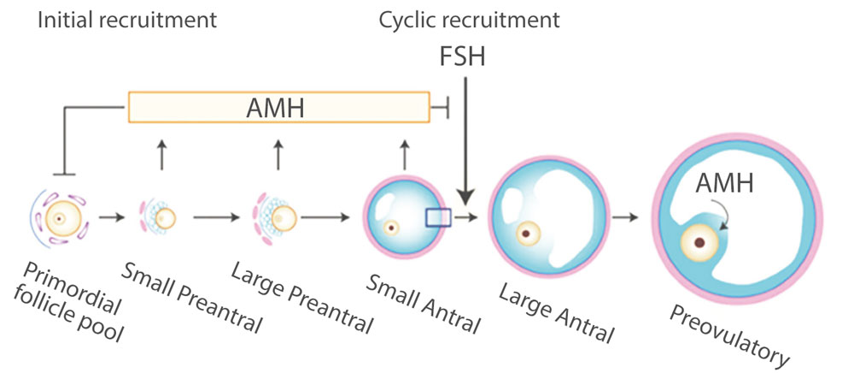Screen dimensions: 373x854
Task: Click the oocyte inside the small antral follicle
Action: (x=391, y=228)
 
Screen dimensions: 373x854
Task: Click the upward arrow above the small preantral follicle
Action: (x=160, y=155)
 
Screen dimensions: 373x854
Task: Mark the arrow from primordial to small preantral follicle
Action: (x=110, y=218)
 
